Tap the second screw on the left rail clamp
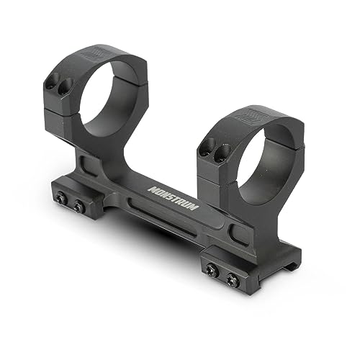78,207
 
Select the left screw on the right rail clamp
211,269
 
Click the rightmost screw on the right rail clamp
232,277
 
